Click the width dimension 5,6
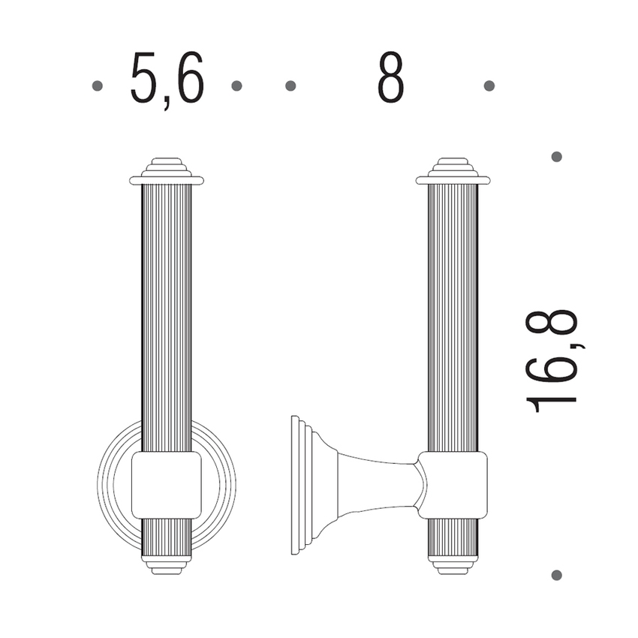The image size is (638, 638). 167,79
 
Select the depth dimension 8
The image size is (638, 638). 390,79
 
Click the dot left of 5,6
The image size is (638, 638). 97,86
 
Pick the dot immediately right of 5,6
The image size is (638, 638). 236,86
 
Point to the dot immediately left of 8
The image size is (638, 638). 290,86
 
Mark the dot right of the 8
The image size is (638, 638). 489,86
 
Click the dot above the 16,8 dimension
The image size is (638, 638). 556,157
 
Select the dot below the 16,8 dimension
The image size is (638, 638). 556,575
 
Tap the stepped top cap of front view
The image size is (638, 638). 167,171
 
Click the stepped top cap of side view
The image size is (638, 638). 453,171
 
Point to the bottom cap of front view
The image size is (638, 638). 167,565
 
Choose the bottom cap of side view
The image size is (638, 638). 453,565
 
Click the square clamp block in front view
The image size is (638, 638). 167,485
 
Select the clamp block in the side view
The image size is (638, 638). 453,485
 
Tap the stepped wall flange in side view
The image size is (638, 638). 300,485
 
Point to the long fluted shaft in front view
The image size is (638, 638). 167,315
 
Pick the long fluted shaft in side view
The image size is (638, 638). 453,315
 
